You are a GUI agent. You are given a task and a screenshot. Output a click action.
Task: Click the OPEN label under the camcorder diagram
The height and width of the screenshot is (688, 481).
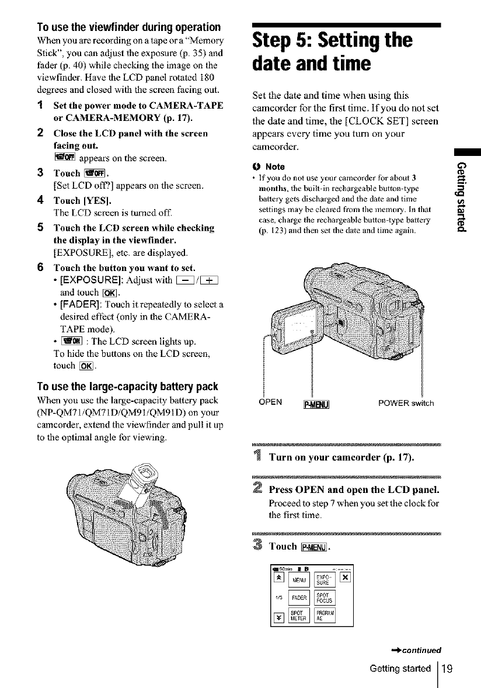pyautogui.click(x=270, y=402)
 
